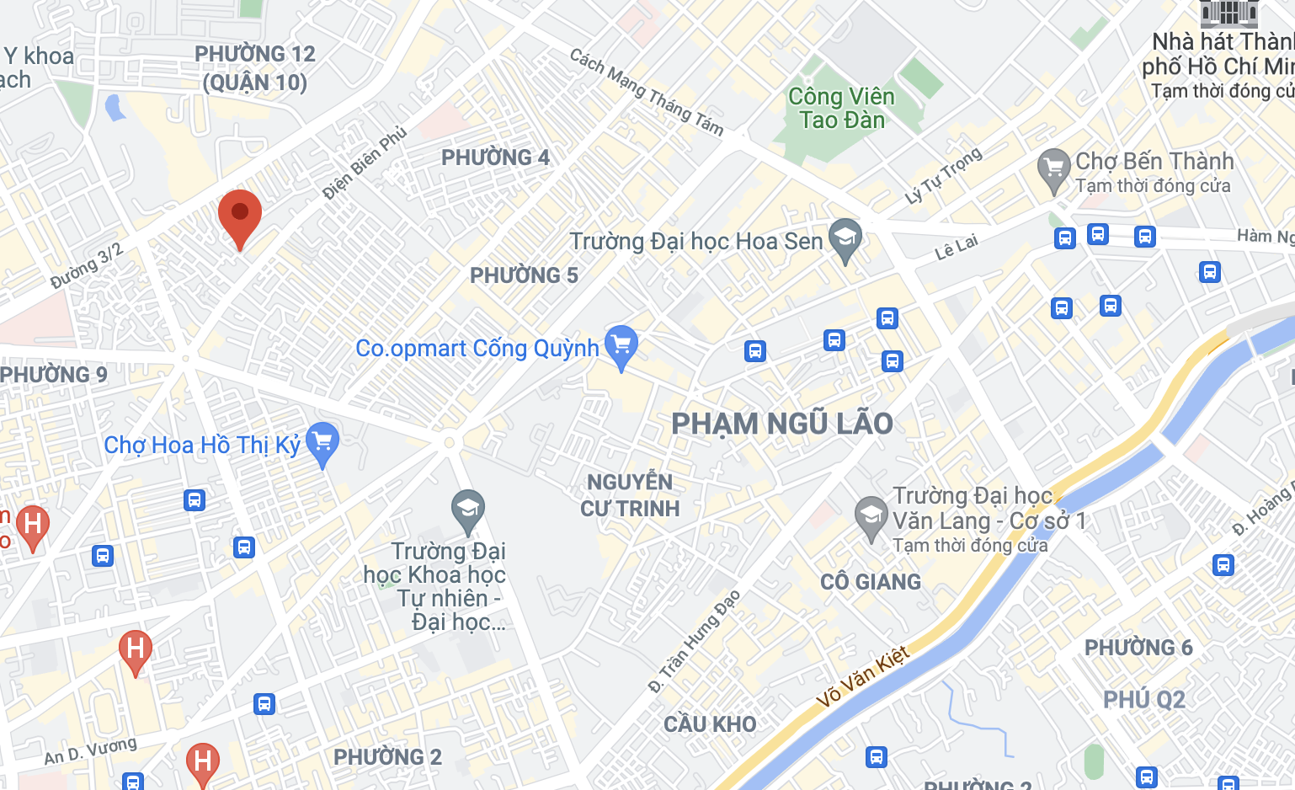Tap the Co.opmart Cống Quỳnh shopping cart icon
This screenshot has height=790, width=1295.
click(621, 345)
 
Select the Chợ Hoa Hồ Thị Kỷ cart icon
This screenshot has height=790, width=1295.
click(322, 441)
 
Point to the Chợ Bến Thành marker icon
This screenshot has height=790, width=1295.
click(1053, 168)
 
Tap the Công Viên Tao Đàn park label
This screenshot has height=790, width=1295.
click(840, 109)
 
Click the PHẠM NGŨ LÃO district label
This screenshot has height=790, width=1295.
click(781, 424)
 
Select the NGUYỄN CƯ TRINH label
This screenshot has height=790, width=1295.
click(630, 495)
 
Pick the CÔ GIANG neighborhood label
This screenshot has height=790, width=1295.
click(871, 582)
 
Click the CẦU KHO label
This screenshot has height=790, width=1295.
click(710, 724)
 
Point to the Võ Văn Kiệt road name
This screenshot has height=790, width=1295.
click(863, 675)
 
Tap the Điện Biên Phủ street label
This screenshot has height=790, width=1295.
click(365, 163)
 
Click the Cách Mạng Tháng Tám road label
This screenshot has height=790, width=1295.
click(646, 92)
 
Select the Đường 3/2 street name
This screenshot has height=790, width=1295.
click(87, 265)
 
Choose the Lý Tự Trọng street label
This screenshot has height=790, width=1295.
click(943, 176)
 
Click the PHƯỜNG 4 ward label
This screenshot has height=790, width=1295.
click(495, 157)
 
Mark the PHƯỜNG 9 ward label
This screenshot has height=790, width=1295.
click(54, 375)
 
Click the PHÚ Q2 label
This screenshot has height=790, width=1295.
click(1143, 700)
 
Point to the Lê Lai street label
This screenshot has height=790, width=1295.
click(957, 248)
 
